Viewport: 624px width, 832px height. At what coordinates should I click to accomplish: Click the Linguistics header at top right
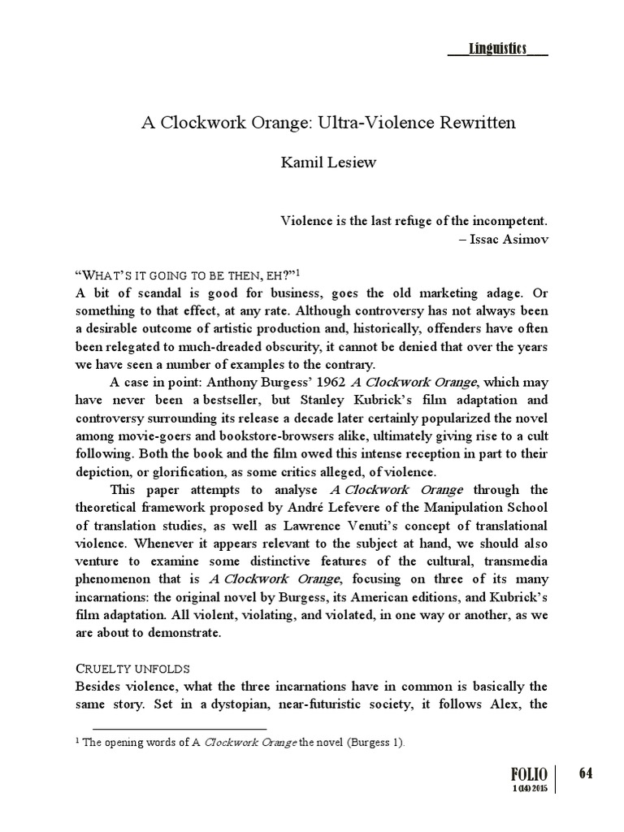pyautogui.click(x=497, y=50)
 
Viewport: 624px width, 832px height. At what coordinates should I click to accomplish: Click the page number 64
pyautogui.click(x=585, y=773)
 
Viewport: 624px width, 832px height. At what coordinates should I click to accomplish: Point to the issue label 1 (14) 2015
pyautogui.click(x=531, y=790)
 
